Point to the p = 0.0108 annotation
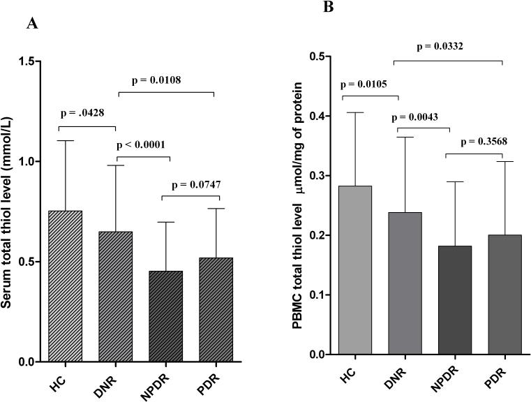click(x=166, y=80)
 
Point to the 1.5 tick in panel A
click(x=31, y=61)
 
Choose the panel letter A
click(x=31, y=24)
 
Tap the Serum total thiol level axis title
click(x=10, y=209)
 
